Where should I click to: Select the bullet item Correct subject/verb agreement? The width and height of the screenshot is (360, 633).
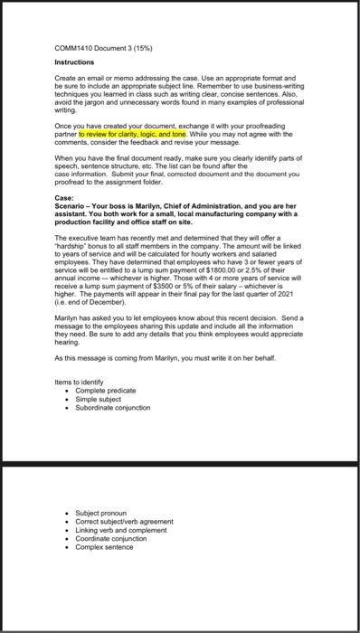(x=124, y=520)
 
